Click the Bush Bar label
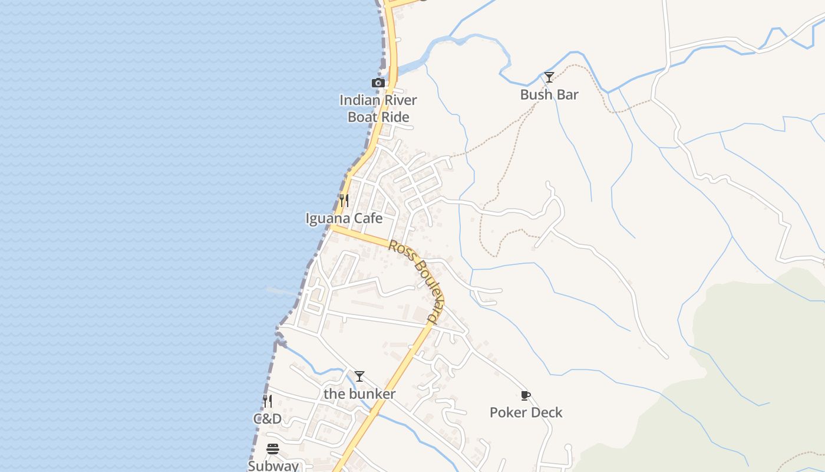(549, 94)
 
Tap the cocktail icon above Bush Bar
(549, 77)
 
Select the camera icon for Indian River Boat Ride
(378, 83)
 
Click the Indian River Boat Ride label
(378, 109)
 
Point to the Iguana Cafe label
(344, 218)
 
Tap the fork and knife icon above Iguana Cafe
(344, 201)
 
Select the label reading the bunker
(359, 394)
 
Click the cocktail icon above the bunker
(359, 376)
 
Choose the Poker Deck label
(526, 412)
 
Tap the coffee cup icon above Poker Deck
(526, 395)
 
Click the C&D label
(268, 419)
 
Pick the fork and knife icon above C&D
(268, 402)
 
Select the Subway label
(273, 466)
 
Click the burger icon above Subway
(273, 449)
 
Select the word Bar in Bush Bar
(567, 94)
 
